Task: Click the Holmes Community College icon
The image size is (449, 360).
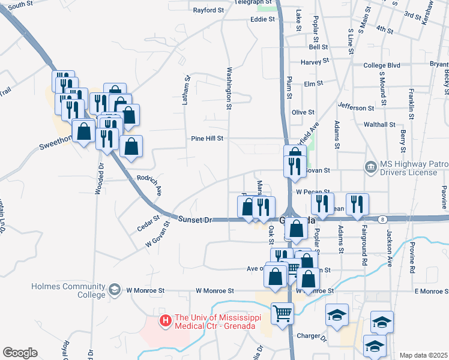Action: (113, 291)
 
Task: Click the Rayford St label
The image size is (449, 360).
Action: (208, 10)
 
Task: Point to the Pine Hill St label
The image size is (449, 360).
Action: (207, 138)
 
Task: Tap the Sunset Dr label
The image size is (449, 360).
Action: (196, 220)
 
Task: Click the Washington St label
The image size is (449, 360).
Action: (229, 88)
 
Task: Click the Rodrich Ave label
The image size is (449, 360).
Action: (150, 185)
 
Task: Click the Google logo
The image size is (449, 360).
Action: (19, 353)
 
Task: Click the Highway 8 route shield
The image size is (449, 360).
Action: (382, 220)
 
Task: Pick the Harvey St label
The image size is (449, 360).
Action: (315, 61)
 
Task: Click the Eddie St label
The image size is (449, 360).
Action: (262, 19)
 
